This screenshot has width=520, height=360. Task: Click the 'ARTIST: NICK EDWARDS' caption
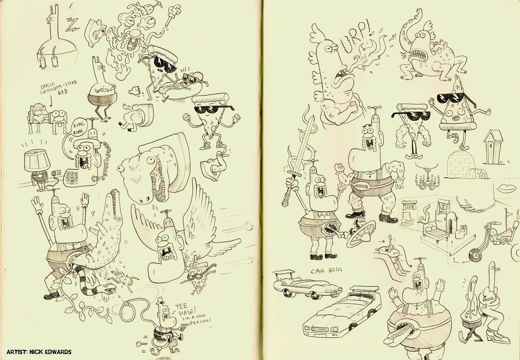point(39,352)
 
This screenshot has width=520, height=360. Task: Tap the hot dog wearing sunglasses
point(180,86)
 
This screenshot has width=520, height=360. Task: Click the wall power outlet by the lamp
point(56,172)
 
